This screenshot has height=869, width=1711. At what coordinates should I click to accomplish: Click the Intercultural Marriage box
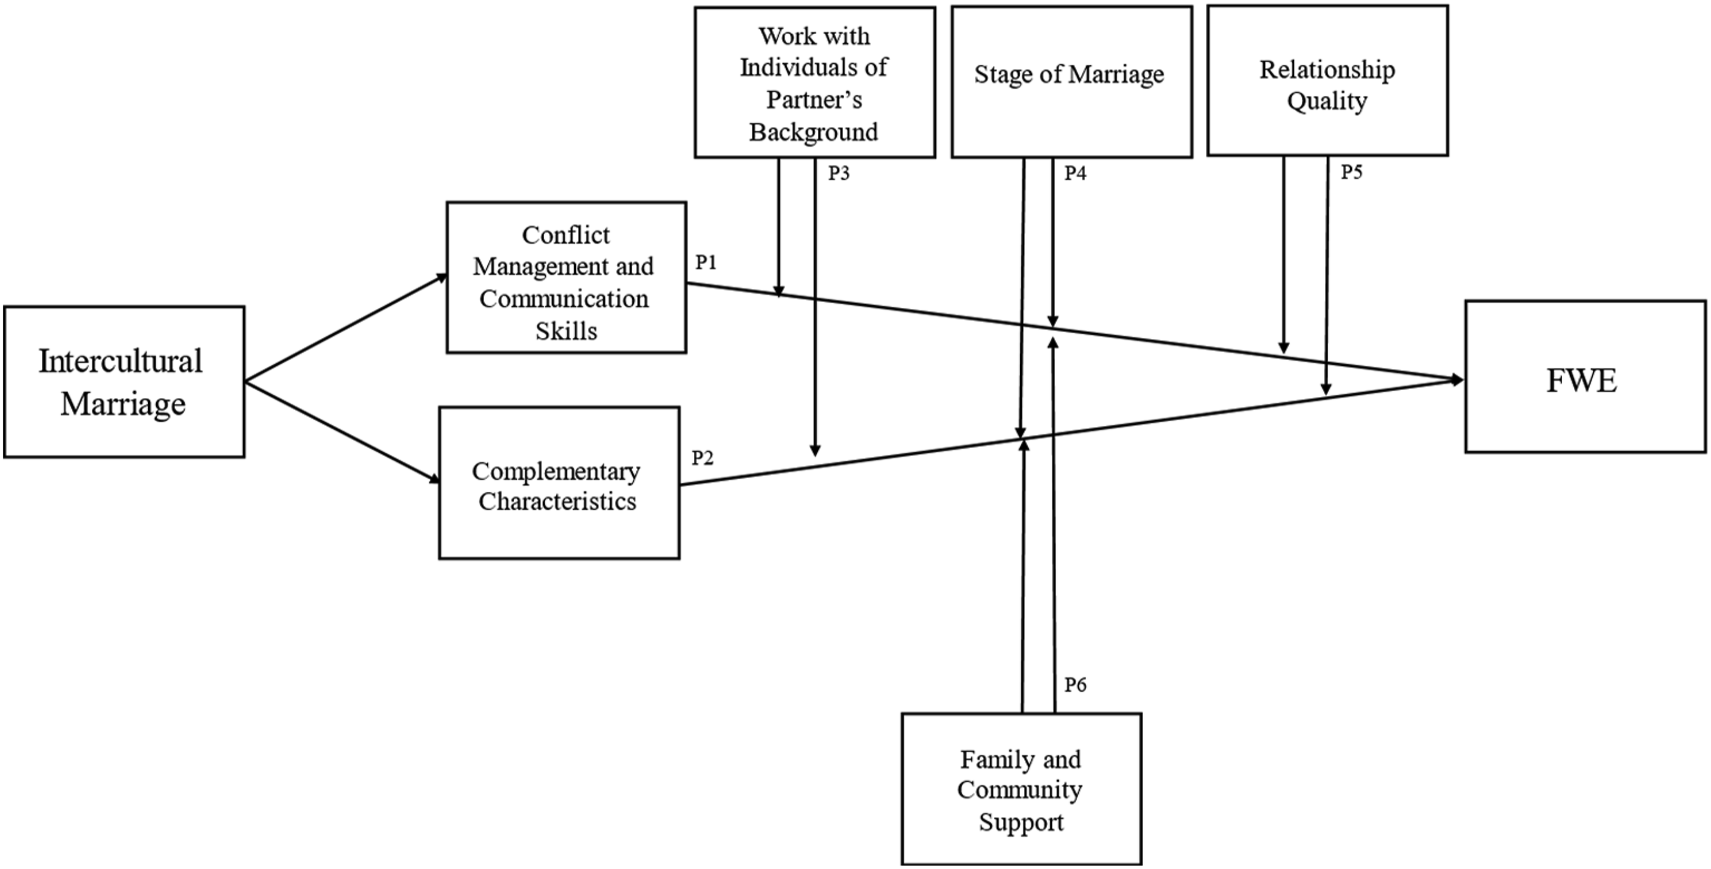pyautogui.click(x=124, y=382)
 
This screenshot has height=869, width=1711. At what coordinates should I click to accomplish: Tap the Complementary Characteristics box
pyautogui.click(x=559, y=483)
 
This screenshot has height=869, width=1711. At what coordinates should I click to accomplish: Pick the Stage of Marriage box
pyautogui.click(x=1072, y=82)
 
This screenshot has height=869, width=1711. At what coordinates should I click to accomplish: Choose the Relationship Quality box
pyautogui.click(x=1328, y=81)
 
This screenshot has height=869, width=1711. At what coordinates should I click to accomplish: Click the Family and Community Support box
pyautogui.click(x=1022, y=790)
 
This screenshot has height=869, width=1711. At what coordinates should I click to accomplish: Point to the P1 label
pyautogui.click(x=706, y=263)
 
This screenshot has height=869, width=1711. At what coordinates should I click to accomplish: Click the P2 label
pyautogui.click(x=703, y=458)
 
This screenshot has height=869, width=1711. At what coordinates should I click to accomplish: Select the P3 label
pyautogui.click(x=839, y=174)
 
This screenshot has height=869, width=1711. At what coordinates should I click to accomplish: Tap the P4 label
pyautogui.click(x=1075, y=174)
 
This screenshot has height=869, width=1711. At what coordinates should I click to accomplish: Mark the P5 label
pyautogui.click(x=1352, y=172)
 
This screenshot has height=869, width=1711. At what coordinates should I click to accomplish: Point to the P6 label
pyautogui.click(x=1075, y=684)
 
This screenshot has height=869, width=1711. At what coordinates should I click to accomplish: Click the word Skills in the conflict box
pyautogui.click(x=566, y=331)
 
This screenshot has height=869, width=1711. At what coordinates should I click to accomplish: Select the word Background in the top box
pyautogui.click(x=814, y=132)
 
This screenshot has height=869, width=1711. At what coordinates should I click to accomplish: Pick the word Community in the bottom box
pyautogui.click(x=1020, y=790)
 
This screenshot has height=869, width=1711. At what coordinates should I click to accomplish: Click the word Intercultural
pyautogui.click(x=120, y=361)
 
